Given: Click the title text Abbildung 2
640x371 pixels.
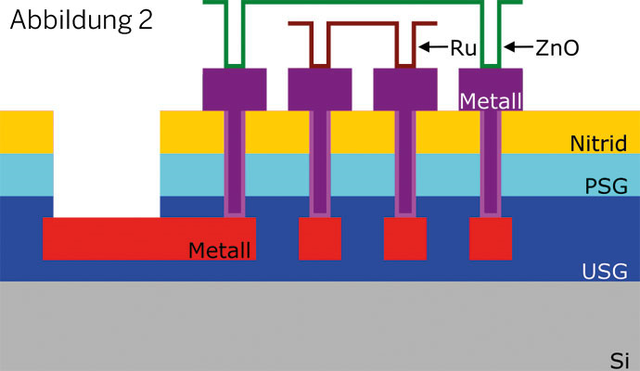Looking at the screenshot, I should [x=82, y=21].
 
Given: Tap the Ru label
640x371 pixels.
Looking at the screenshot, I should [x=463, y=46].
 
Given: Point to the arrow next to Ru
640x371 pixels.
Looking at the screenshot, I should [x=433, y=46].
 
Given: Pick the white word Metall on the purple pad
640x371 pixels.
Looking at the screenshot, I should [x=491, y=100].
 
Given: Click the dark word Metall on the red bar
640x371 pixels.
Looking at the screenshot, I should [x=219, y=249].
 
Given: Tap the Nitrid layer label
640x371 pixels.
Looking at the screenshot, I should [x=598, y=144].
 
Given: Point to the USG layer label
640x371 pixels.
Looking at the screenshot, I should [x=605, y=271].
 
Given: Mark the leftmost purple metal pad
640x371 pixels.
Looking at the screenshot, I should [x=235, y=89].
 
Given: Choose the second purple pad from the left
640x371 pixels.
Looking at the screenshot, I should [x=320, y=89].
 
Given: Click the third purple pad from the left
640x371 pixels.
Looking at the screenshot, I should [x=405, y=89].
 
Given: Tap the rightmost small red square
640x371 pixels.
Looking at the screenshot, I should [x=491, y=238].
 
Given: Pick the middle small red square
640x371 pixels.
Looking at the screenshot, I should [x=405, y=238].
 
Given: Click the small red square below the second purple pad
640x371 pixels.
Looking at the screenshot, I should [x=320, y=238].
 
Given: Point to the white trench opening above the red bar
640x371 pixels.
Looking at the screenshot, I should [x=107, y=162].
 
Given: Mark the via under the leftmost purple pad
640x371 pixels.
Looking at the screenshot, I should [x=235, y=162].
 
